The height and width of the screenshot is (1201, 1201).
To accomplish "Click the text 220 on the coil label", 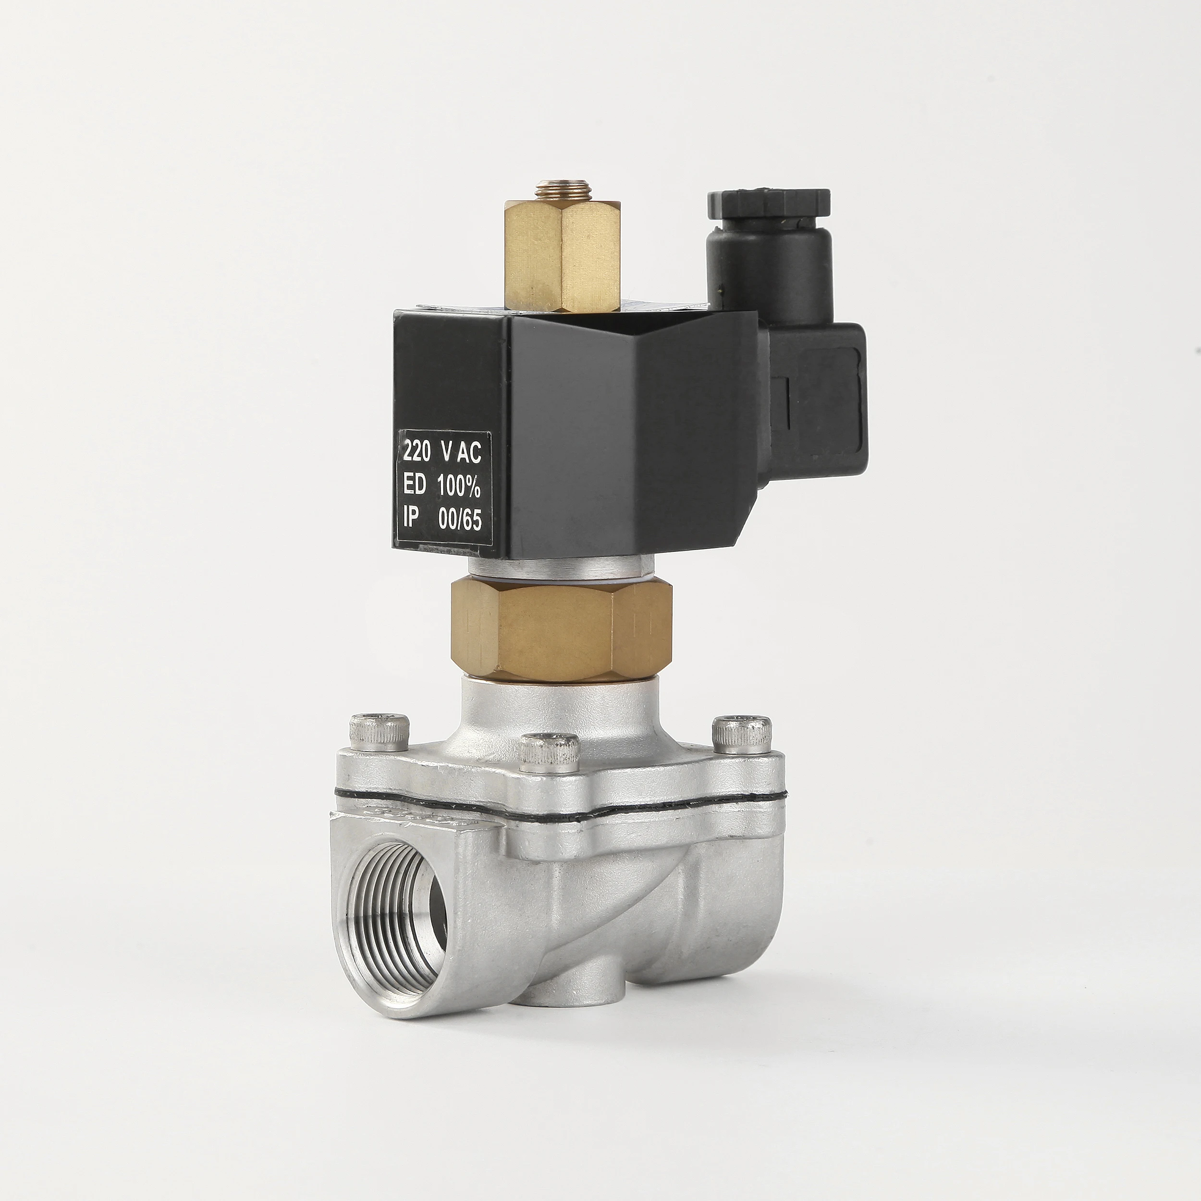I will (417, 452).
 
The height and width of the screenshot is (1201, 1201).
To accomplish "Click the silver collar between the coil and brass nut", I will (560, 566).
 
